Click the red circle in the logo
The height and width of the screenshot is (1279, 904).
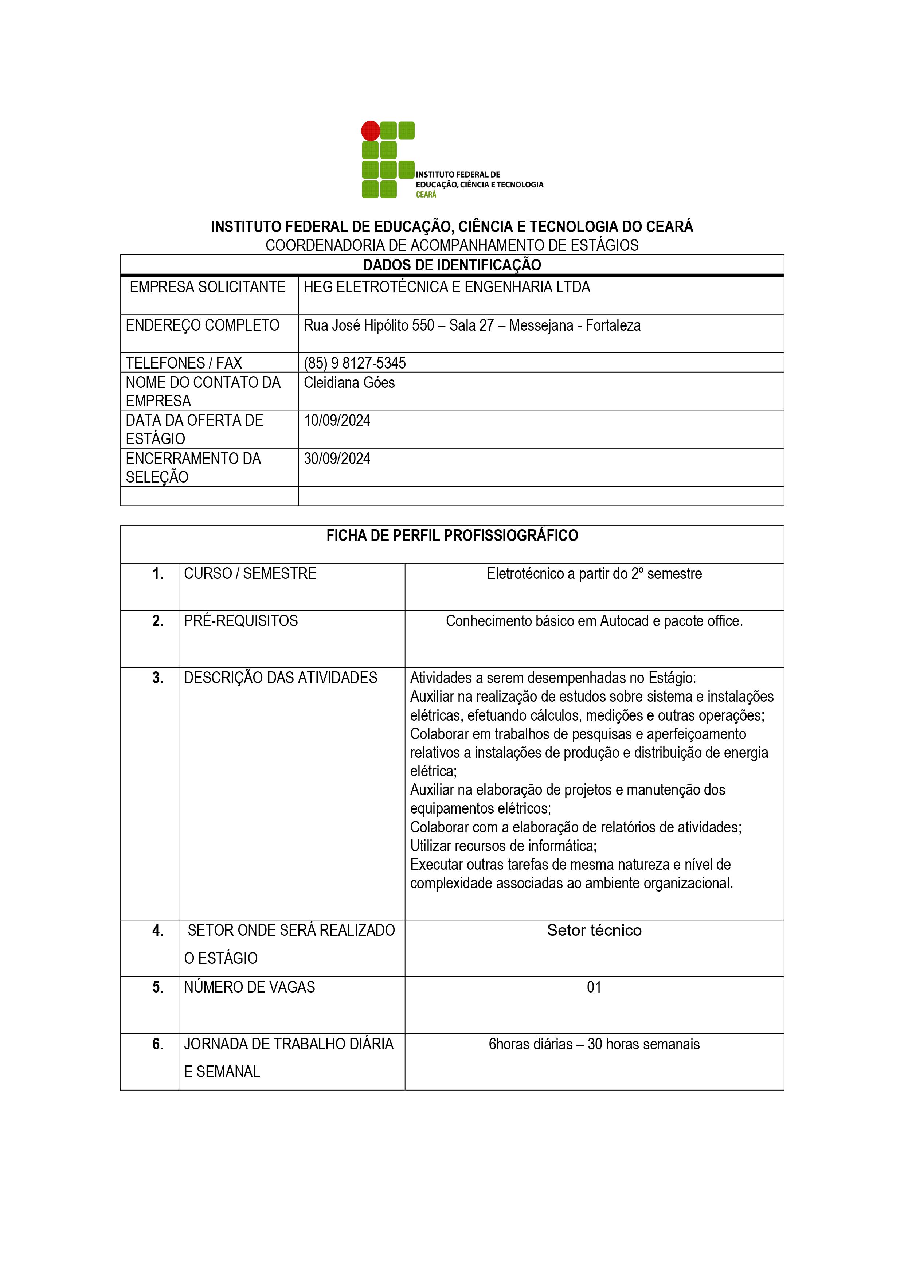[x=371, y=131]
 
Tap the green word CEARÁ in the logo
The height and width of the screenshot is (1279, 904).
[x=426, y=194]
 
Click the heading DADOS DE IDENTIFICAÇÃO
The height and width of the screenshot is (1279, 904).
[x=452, y=265]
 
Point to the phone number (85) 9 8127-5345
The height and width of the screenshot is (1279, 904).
[x=355, y=363]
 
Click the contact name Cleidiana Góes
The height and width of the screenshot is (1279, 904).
[x=349, y=383]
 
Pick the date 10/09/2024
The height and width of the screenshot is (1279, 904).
[x=337, y=421]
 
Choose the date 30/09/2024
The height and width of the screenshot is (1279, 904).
[x=337, y=459]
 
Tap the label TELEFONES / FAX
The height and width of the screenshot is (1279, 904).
[x=184, y=363]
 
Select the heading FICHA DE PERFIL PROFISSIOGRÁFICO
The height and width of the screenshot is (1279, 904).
[x=452, y=536]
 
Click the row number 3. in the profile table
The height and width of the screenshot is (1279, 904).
[x=158, y=678]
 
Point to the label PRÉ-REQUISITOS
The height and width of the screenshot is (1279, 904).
[x=240, y=621]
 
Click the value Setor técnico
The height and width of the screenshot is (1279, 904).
[x=594, y=930]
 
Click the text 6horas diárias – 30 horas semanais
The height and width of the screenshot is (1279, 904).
[x=594, y=1044]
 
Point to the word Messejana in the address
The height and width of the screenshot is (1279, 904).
[x=541, y=325]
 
